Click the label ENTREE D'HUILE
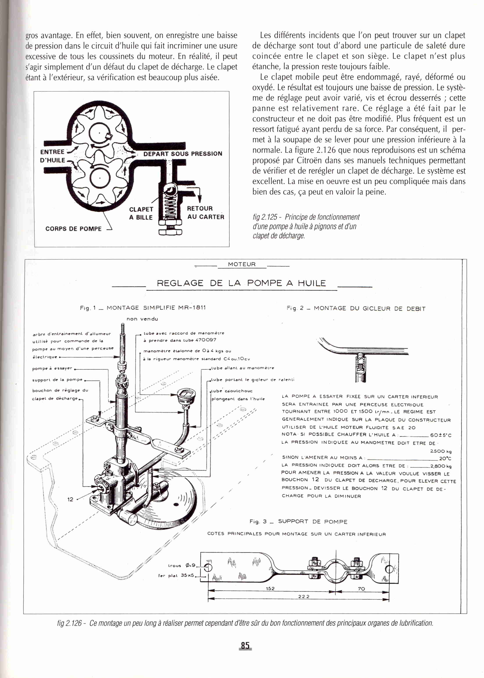53,156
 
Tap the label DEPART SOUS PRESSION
183,154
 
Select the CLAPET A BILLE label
141,213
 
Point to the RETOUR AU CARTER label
205,212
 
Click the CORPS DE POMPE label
73,229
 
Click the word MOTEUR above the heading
242,264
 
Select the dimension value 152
270,589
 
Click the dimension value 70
361,589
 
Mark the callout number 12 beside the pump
70,500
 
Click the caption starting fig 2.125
306,226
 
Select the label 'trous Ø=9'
182,565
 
